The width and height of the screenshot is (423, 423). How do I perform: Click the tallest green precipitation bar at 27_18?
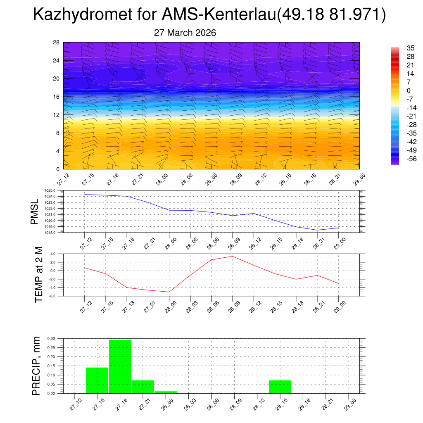[x=120, y=366]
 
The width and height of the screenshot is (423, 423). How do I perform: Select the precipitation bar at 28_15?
[x=280, y=387]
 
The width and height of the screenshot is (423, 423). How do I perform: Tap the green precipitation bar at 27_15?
[x=97, y=380]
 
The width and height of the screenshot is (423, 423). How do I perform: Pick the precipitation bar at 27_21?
[x=143, y=387]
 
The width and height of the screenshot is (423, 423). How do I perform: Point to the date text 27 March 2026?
[x=185, y=33]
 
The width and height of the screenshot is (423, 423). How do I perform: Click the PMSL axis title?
[x=34, y=211]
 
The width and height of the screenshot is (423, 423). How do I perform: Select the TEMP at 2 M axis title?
[x=39, y=275]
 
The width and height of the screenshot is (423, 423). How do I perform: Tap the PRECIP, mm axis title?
[x=37, y=366]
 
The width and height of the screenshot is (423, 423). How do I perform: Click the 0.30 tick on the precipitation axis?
[x=51, y=338]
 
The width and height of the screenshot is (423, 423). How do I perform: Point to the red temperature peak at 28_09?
[x=233, y=256]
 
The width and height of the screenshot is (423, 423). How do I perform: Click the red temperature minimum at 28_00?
[x=169, y=292]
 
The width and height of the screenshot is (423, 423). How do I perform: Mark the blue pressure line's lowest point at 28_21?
[x=317, y=230]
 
